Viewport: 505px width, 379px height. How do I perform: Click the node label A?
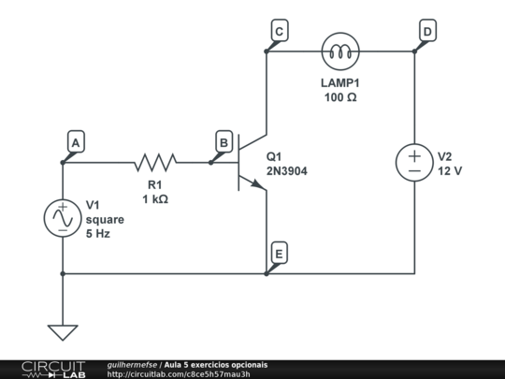pyautogui.click(x=75, y=141)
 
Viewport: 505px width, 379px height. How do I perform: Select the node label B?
pyautogui.click(x=224, y=141)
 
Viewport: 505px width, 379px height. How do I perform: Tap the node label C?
pyautogui.click(x=279, y=31)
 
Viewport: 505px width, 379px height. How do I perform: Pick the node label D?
pyautogui.click(x=426, y=31)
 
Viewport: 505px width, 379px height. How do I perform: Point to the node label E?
pyautogui.click(x=279, y=253)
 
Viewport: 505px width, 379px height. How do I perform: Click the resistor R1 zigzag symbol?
pyautogui.click(x=155, y=163)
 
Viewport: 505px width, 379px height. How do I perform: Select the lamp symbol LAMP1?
pyautogui.click(x=339, y=51)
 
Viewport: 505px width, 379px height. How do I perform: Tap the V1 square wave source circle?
pyautogui.click(x=63, y=218)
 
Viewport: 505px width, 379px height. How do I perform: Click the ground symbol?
pyautogui.click(x=63, y=331)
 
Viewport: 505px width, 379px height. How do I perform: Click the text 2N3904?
pyautogui.click(x=287, y=172)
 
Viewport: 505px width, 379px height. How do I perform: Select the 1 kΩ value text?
pyautogui.click(x=155, y=199)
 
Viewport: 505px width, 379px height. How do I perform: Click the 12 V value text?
pyautogui.click(x=451, y=172)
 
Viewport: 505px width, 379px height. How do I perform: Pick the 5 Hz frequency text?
pyautogui.click(x=98, y=234)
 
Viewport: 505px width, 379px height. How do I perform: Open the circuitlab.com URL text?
pyautogui.click(x=179, y=374)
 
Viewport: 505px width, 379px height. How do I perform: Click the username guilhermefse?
pyautogui.click(x=132, y=364)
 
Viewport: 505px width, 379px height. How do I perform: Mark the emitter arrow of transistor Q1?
pyautogui.click(x=261, y=186)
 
